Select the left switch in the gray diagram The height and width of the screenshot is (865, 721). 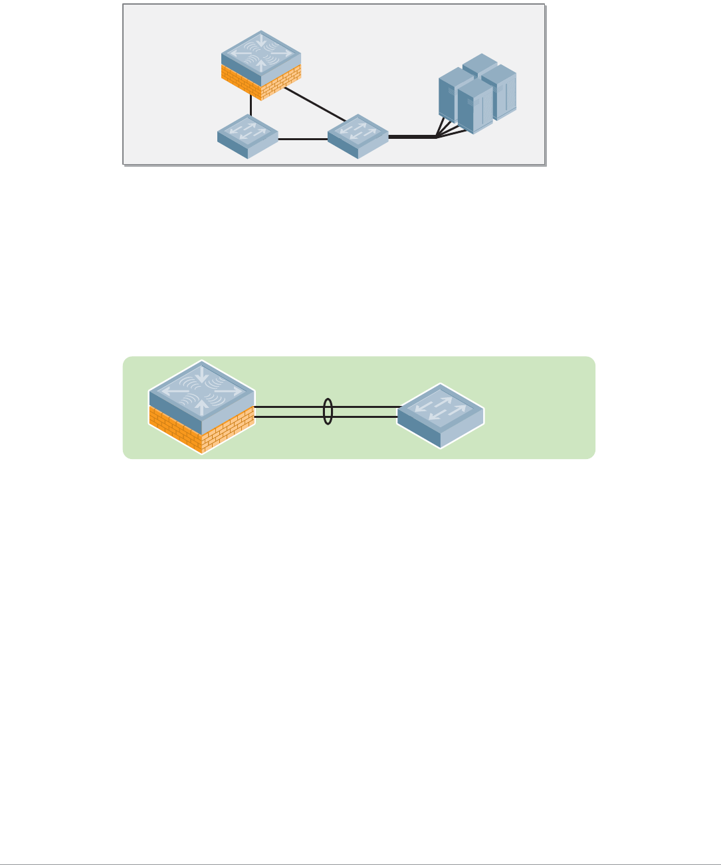[247, 137]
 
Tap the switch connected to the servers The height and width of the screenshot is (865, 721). [358, 137]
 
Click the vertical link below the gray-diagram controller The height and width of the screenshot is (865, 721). [251, 105]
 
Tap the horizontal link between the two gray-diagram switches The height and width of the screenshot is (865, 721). [302, 140]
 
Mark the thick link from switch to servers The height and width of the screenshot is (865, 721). [412, 137]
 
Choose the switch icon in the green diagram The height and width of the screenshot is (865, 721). [441, 415]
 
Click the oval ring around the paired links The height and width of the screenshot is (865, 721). [327, 411]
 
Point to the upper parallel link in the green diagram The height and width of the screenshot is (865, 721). [292, 406]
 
